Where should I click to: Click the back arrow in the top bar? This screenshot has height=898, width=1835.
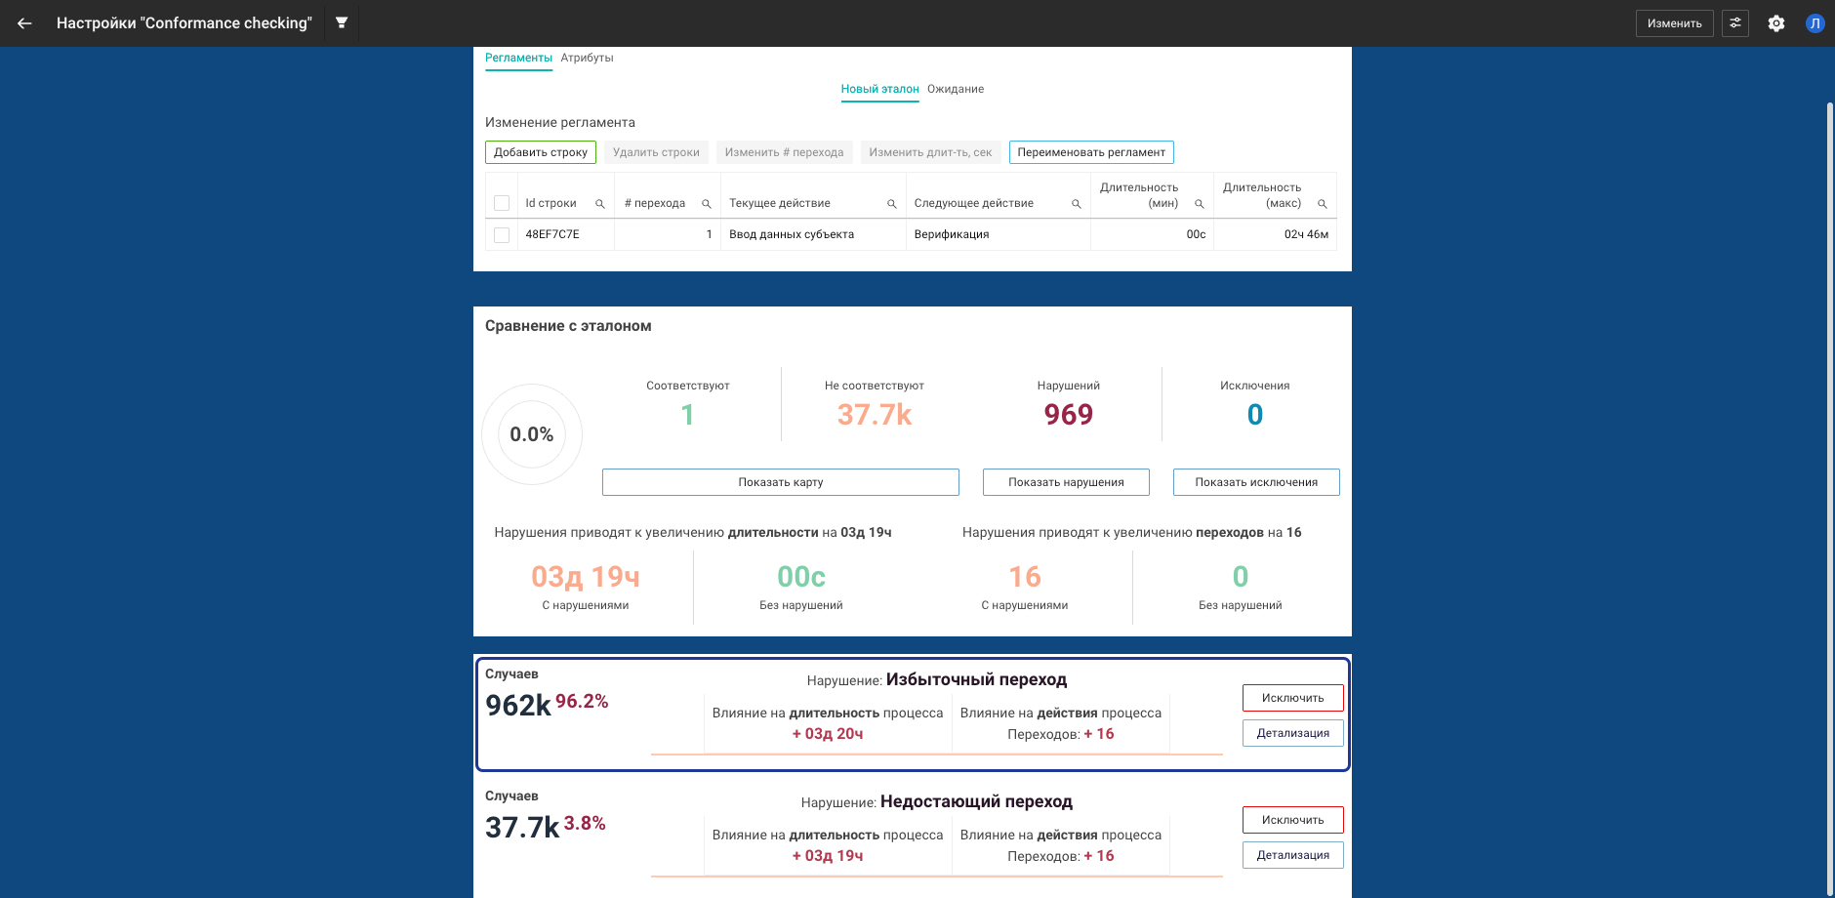[24, 23]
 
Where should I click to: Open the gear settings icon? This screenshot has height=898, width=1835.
[1776, 23]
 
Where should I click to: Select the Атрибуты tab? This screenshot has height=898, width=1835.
[587, 58]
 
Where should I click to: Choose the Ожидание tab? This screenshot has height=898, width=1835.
[955, 89]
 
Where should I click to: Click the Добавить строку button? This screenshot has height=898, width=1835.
[540, 152]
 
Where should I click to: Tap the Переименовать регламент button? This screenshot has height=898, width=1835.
[1090, 152]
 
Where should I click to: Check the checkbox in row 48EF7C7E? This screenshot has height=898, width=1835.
[502, 235]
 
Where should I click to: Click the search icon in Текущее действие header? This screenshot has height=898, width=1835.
[891, 204]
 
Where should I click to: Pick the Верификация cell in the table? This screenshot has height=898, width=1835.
[952, 234]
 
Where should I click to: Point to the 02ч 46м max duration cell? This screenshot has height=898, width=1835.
[1305, 234]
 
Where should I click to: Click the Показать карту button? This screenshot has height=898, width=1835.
[780, 482]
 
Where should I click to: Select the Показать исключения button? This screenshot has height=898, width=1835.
[1255, 482]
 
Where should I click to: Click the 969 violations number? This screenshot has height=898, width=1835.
[1068, 415]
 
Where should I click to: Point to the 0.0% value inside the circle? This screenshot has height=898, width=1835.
[531, 434]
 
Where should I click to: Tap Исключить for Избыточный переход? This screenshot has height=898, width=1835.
[1292, 698]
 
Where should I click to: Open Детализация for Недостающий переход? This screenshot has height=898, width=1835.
[1292, 855]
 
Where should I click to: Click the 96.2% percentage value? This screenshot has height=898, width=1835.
[582, 701]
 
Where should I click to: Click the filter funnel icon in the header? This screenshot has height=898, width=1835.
[342, 22]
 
